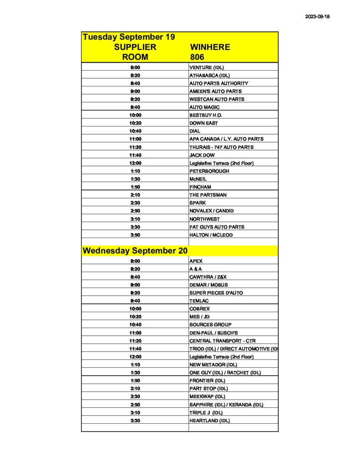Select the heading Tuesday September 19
(129, 37)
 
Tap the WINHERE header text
(210, 47)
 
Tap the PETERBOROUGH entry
(209, 171)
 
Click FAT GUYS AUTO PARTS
(217, 227)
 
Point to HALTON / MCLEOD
(211, 235)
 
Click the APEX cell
(196, 261)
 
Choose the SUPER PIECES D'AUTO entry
(216, 293)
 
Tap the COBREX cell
(200, 309)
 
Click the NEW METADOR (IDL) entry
(213, 365)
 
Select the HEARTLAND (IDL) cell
(209, 420)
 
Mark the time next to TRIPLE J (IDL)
(135, 412)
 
